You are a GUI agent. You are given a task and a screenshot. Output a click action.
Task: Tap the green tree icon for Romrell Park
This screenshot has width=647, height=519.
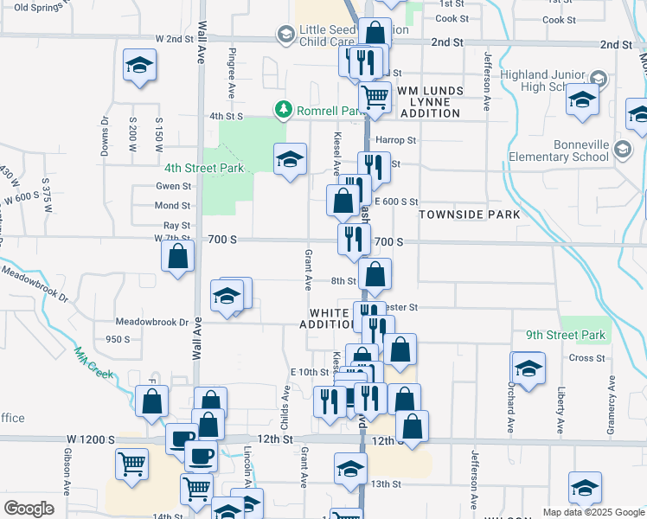(282, 109)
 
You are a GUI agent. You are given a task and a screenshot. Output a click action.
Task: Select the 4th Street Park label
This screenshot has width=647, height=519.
(204, 168)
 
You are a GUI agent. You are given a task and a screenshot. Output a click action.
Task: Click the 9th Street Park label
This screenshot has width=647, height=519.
(566, 335)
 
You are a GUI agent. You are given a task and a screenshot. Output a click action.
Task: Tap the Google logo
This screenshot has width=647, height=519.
(29, 509)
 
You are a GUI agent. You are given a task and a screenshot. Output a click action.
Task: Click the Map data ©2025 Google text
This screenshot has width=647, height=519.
(593, 512)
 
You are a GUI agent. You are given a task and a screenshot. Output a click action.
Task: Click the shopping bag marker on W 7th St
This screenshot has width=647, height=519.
(177, 257)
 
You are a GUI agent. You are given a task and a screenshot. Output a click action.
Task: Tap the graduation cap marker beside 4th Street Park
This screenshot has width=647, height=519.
(291, 158)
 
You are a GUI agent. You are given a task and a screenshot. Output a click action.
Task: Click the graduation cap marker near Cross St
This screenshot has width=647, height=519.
(528, 366)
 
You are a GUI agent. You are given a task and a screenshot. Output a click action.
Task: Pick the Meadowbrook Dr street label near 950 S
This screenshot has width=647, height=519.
(152, 322)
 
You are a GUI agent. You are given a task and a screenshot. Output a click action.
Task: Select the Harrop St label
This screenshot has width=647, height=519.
(395, 139)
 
